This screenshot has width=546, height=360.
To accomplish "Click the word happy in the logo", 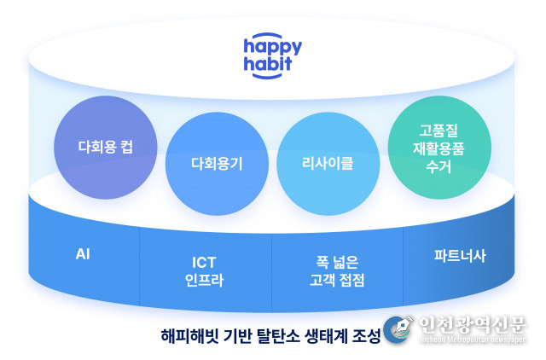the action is pyautogui.click(x=273, y=48).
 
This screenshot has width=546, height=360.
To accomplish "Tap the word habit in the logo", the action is pyautogui.click(x=267, y=63).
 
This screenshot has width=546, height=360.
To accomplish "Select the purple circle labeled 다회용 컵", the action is pyautogui.click(x=106, y=148).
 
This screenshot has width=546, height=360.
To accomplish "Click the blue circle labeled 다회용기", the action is pyautogui.click(x=217, y=164).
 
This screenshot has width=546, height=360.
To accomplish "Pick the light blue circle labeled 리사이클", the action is pyautogui.click(x=328, y=164).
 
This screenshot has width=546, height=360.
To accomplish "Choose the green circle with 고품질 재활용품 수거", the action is pyautogui.click(x=439, y=148).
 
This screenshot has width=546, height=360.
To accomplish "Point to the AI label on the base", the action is pyautogui.click(x=83, y=254).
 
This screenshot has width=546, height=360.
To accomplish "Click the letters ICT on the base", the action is pyautogui.click(x=204, y=263).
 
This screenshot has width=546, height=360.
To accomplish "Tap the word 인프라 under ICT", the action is pyautogui.click(x=204, y=280).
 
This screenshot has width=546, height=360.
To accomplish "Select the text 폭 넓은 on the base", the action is pyautogui.click(x=337, y=262).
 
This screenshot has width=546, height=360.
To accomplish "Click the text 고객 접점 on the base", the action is pyautogui.click(x=337, y=280).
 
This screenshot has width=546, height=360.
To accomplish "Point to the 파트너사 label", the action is pyautogui.click(x=460, y=256).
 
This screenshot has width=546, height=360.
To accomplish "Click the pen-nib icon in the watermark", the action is pyautogui.click(x=398, y=328).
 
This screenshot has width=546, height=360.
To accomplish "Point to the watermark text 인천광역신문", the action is pyautogui.click(x=472, y=325).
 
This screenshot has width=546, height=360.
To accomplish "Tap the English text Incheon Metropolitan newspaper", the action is pyautogui.click(x=473, y=340).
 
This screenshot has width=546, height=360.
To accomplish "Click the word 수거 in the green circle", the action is pyautogui.click(x=439, y=166).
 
